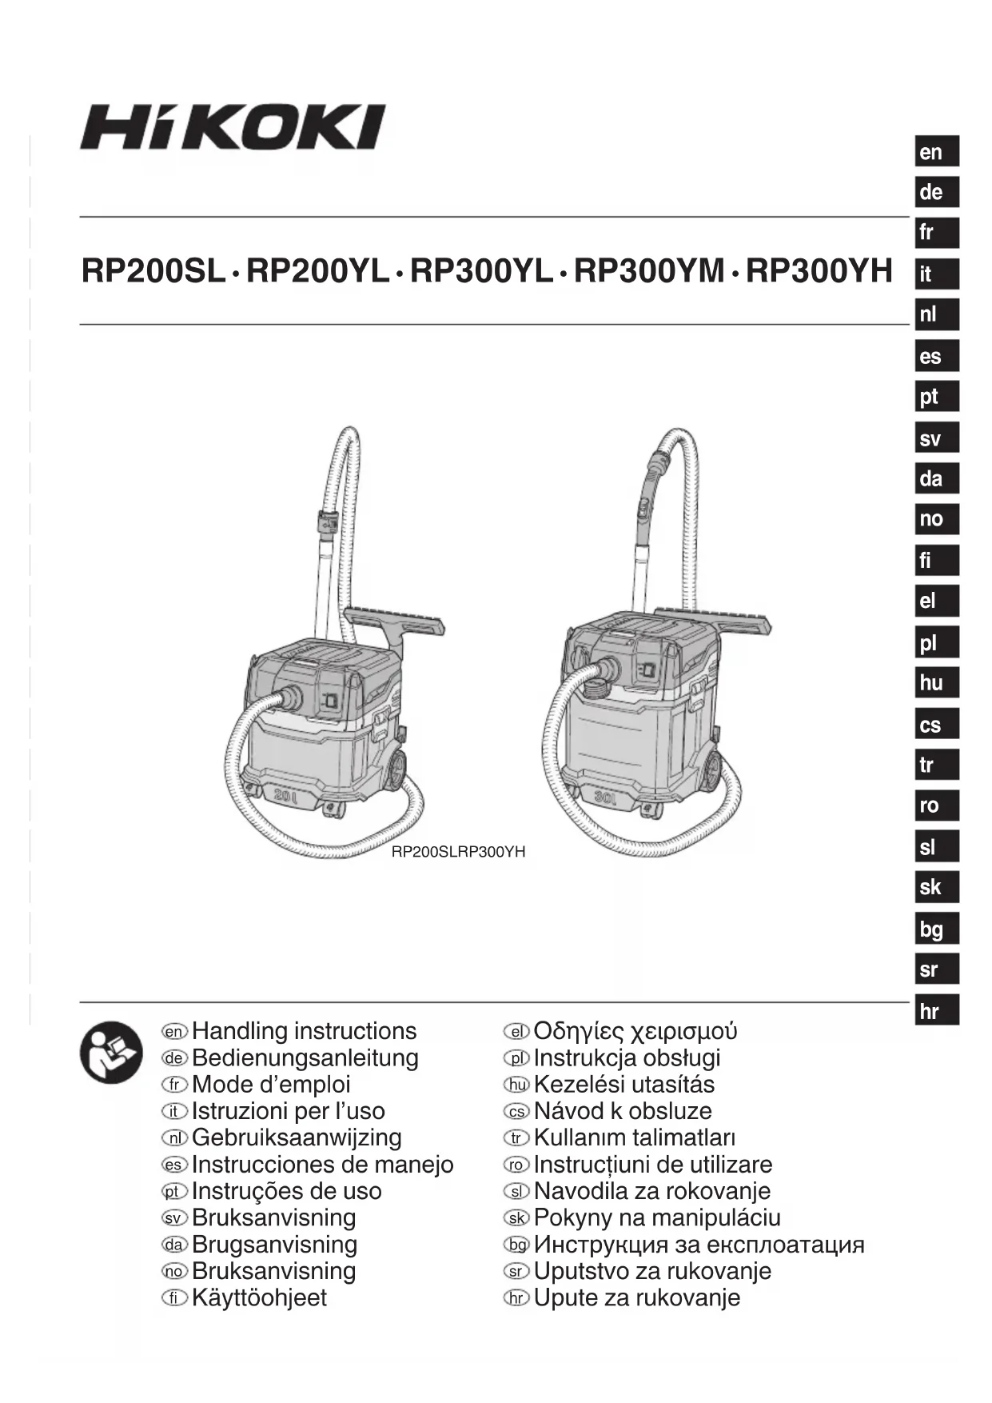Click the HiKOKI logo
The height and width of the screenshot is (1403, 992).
point(232,127)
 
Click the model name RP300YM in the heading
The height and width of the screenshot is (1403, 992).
point(648,272)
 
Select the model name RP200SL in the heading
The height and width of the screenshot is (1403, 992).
point(153,272)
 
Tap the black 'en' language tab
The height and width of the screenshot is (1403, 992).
point(936,152)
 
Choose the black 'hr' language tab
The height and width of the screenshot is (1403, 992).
point(936,1011)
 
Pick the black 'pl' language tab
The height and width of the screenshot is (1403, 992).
point(936,642)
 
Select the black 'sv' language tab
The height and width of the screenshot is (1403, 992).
point(936,438)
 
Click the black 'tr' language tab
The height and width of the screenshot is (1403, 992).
point(936,765)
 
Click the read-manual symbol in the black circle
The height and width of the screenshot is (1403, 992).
point(111,1053)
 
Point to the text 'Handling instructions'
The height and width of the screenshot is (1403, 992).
point(305,1031)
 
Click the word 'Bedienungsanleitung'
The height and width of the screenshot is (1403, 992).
point(305,1057)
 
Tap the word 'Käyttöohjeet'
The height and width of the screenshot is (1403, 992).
point(259,1297)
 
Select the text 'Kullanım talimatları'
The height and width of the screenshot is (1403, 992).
point(635,1137)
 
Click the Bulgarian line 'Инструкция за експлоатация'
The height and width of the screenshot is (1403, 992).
point(699,1245)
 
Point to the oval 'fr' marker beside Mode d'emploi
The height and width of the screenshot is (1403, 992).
point(174,1085)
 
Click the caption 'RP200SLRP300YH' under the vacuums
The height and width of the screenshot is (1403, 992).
point(458,852)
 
